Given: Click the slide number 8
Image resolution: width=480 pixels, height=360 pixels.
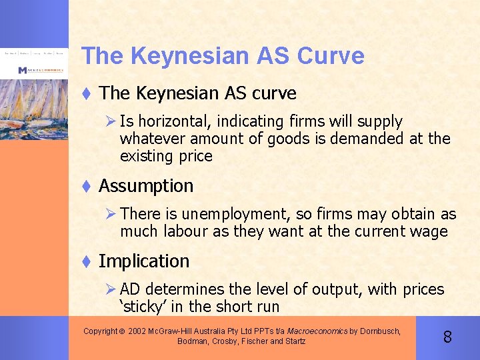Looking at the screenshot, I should click(x=447, y=337).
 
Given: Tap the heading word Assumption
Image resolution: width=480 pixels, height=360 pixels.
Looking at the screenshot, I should click(x=146, y=186).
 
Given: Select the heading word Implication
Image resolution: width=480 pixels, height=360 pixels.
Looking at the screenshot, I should click(x=144, y=261).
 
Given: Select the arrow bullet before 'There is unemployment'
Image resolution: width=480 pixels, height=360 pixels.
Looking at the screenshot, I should click(x=112, y=214).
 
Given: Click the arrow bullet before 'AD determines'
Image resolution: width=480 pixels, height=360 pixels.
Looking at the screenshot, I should click(x=112, y=289).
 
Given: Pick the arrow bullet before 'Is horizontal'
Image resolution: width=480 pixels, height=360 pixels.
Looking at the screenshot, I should click(x=112, y=121).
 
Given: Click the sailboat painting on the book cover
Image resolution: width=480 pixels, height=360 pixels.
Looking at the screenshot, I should click(x=33, y=107).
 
